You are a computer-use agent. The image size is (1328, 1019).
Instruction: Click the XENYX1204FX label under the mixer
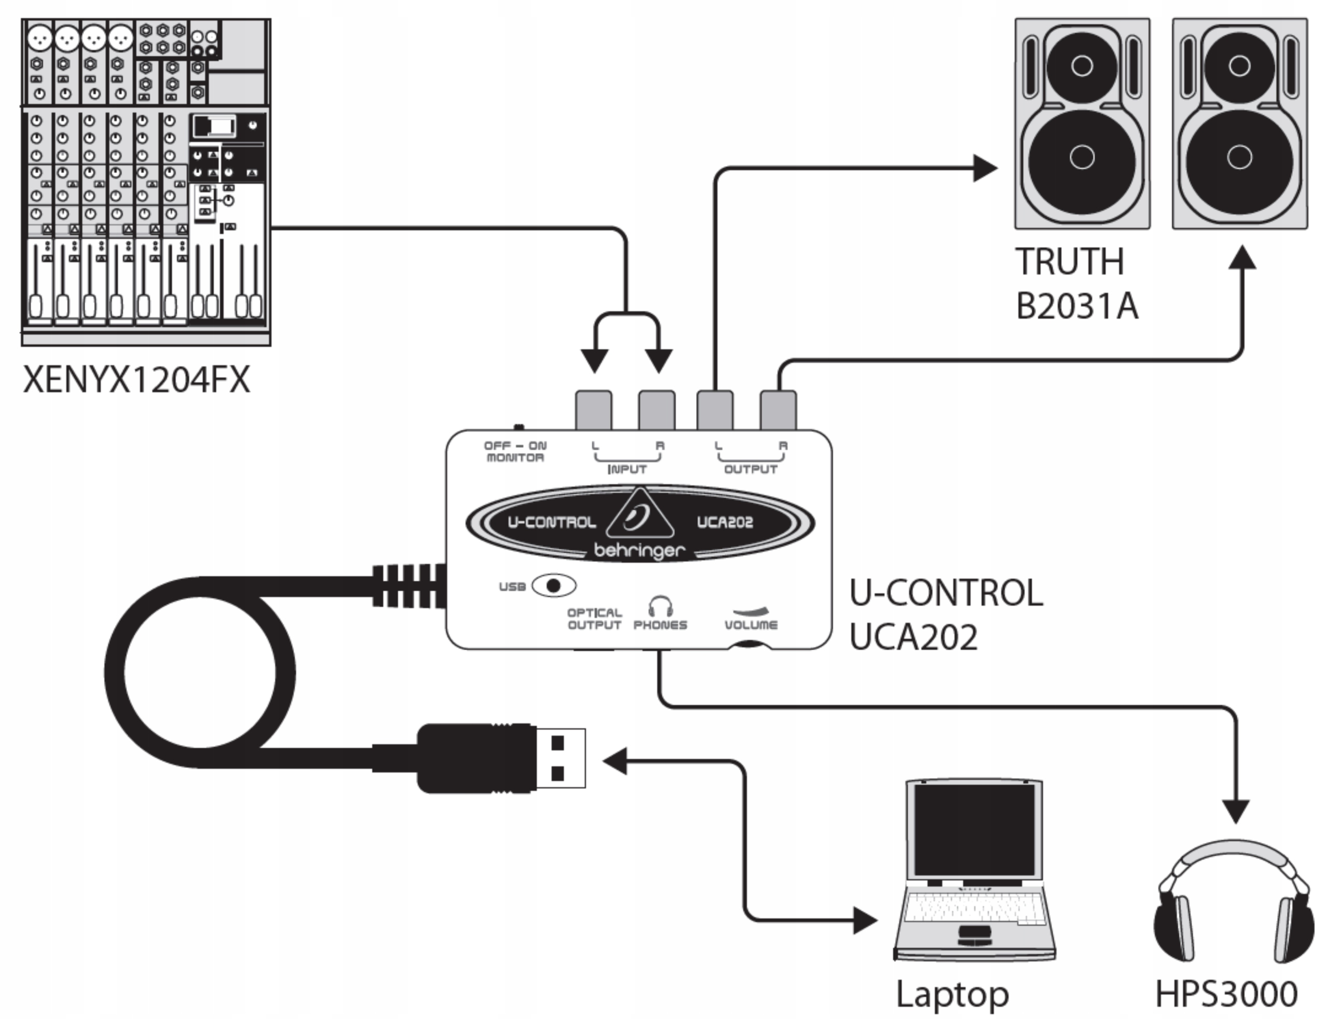136,380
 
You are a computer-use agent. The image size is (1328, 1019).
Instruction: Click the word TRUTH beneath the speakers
1070,261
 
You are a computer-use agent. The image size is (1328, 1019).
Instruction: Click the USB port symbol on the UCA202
554,586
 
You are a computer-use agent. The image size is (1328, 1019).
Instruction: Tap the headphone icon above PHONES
660,605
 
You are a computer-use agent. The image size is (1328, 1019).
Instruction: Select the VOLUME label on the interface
751,625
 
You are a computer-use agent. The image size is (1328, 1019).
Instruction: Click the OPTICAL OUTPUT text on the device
594,619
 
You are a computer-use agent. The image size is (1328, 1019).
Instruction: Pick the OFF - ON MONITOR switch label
515,452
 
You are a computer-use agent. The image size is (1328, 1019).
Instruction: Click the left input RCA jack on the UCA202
593,411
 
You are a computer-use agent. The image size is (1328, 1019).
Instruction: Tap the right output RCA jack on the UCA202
778,411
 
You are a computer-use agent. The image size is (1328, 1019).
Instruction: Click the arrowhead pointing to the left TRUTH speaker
984,168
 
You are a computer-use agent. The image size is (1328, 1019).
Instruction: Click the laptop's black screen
974,828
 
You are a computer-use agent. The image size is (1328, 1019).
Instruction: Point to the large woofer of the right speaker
1239,158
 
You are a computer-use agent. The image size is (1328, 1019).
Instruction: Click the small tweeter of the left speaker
1082,65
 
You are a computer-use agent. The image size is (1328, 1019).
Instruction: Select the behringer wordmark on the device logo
639,551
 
